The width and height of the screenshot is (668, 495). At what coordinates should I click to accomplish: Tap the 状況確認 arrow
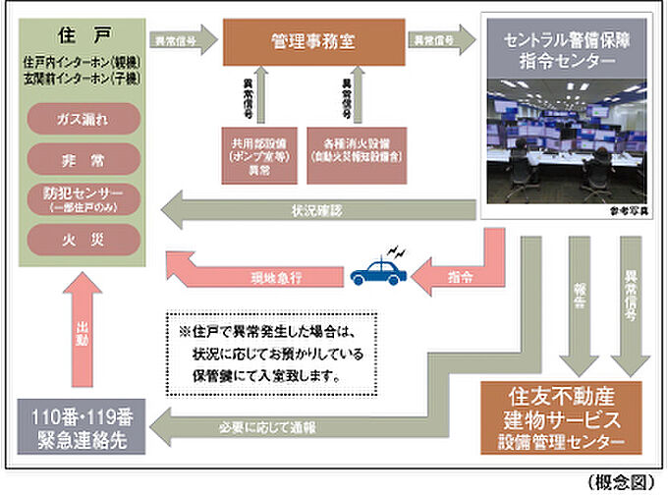[x=314, y=209]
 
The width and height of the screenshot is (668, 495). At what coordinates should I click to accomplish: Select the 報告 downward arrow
[x=575, y=304]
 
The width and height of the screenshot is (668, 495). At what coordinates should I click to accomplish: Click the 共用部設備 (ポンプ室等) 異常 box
[x=259, y=150]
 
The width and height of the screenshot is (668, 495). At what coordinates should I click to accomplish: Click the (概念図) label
[x=625, y=482]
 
